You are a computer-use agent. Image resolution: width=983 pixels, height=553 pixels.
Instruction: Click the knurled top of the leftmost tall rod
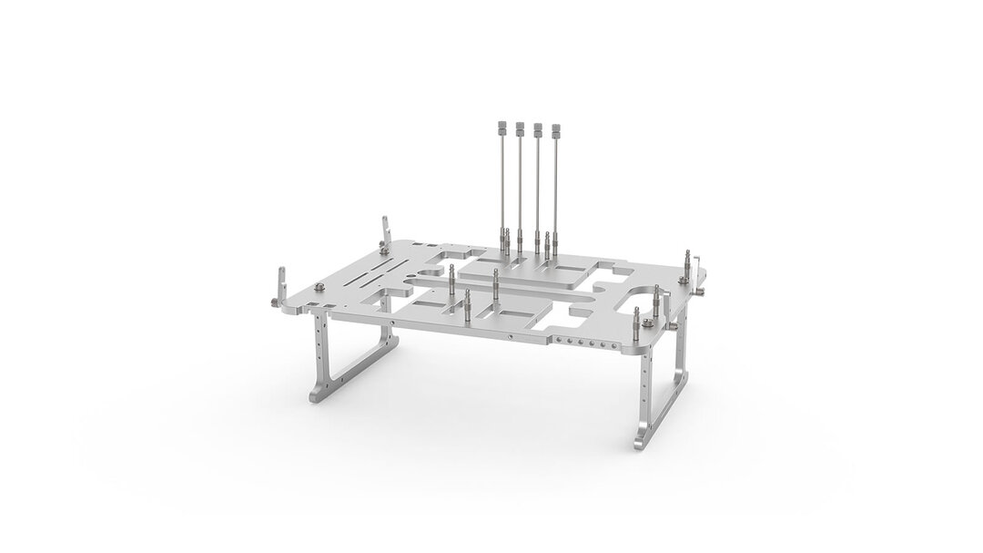(x=502, y=126)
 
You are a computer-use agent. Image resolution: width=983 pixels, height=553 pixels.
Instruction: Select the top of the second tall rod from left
(x=520, y=126)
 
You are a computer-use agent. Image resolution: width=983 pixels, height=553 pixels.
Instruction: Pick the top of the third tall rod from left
(x=538, y=126)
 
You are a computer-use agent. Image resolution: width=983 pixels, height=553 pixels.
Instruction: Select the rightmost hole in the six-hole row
(x=605, y=344)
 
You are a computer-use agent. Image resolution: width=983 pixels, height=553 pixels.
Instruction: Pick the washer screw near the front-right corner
(x=644, y=320)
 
